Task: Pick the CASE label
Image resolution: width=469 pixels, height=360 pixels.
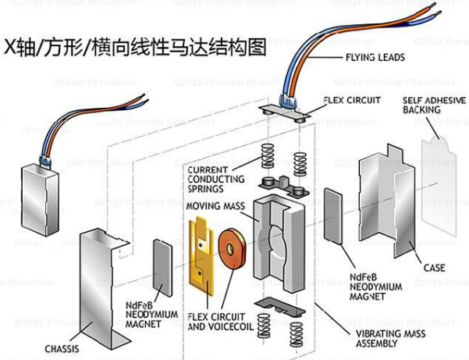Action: [x=434, y=268]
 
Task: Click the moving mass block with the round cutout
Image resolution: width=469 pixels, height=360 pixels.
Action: [x=278, y=238]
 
